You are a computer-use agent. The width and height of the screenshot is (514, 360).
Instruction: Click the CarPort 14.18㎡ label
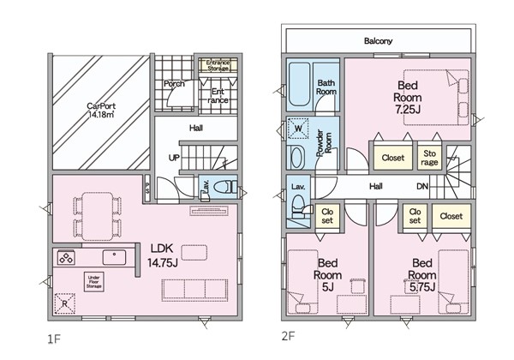[x=101, y=111]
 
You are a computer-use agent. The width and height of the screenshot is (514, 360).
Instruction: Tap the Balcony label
[x=378, y=41]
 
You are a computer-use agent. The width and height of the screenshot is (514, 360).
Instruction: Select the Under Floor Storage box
[x=93, y=282]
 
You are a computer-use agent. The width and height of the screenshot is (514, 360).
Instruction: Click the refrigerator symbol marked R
[x=64, y=303]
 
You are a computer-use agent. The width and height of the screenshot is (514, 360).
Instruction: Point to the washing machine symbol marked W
[x=298, y=129]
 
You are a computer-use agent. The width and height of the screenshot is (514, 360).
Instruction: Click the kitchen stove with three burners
[x=66, y=257]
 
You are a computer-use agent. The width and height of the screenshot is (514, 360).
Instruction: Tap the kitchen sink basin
[x=114, y=257]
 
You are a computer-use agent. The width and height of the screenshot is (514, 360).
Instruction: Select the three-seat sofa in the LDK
[x=194, y=291]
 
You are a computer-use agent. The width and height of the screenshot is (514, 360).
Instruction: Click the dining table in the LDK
[x=98, y=216]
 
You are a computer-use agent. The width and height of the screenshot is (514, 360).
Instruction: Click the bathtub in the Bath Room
[x=299, y=84]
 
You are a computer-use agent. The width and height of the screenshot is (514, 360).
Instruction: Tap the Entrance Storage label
[x=218, y=65]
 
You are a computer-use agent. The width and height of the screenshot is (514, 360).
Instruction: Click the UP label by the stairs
[x=174, y=158]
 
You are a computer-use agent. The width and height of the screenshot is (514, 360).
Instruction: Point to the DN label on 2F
[x=422, y=186]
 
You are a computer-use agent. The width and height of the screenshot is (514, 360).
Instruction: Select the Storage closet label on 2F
[x=429, y=158]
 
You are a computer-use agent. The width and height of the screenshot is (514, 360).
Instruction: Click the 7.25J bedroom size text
[x=408, y=110]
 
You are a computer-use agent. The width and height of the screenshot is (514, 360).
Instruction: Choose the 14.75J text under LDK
[x=163, y=262]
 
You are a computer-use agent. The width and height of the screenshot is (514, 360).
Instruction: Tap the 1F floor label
[x=55, y=339]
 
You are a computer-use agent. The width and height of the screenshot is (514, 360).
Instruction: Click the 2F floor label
[x=289, y=336]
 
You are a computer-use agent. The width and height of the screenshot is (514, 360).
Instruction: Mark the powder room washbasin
[x=297, y=158]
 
